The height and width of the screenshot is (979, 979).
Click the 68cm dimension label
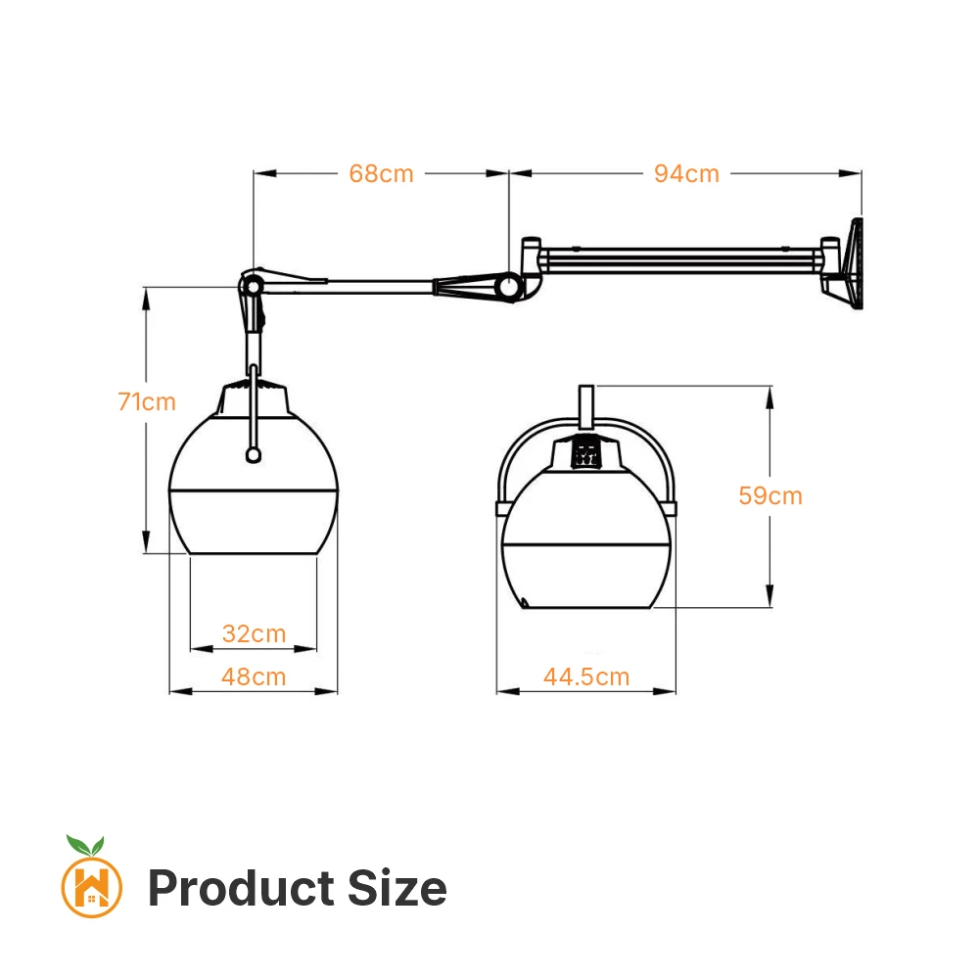click(381, 173)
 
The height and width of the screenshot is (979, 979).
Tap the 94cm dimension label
click(687, 173)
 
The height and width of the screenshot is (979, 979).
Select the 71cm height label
click(147, 401)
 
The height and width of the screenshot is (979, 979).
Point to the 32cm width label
click(255, 633)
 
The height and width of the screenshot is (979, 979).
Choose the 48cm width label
click(254, 676)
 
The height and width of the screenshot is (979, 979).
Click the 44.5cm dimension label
click(586, 676)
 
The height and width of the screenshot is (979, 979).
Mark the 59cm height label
click(770, 495)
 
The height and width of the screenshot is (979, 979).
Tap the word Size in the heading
click(397, 888)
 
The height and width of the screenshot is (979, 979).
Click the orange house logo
click(92, 887)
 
